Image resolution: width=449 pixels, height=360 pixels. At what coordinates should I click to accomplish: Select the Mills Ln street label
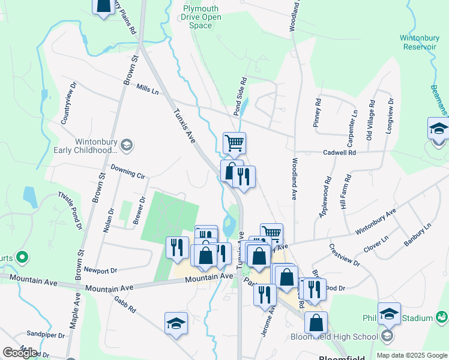[147, 89]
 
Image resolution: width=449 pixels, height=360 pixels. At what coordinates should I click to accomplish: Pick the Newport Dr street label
[100, 271]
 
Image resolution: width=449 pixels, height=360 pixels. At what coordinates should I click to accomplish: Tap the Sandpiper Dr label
[45, 334]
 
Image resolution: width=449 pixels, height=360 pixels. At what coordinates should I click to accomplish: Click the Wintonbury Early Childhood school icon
[127, 145]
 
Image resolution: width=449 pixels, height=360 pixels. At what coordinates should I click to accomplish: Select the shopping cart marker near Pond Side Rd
[234, 143]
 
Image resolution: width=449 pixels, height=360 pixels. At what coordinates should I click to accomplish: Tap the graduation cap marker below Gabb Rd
[176, 323]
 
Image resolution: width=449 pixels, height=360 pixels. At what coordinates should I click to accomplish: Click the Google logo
[19, 352]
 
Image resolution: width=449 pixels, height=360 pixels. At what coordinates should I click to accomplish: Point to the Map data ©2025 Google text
[411, 355]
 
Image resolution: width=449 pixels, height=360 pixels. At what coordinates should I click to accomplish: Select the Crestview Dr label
[345, 254]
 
